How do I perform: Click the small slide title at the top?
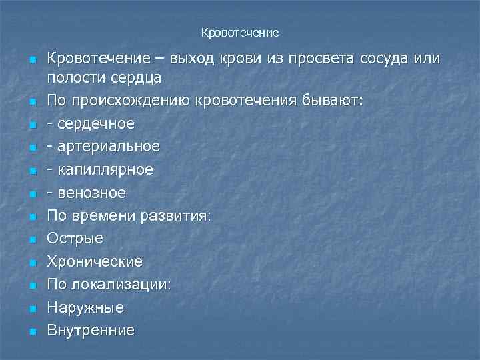coord(239,32)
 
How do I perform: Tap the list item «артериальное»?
coord(108,146)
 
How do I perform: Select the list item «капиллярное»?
coord(105,169)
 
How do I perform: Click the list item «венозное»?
coord(91,193)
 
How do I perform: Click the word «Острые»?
coord(75,239)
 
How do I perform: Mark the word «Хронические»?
coord(95,261)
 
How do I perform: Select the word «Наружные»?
coord(85,307)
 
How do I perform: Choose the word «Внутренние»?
coord(91,331)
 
